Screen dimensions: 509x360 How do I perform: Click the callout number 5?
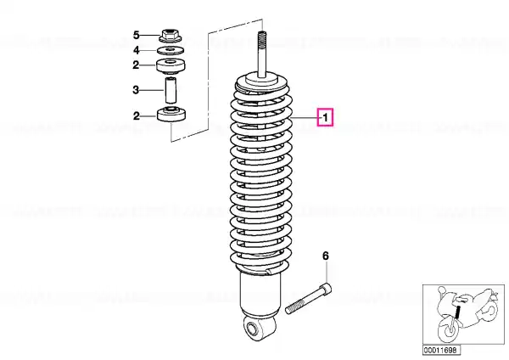click(137, 35)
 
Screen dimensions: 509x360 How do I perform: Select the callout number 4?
click(137, 50)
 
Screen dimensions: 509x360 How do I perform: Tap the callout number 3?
click(136, 90)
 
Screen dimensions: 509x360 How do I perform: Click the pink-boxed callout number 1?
click(325, 117)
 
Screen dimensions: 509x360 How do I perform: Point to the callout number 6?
click(326, 256)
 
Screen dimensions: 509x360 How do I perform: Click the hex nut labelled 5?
click(171, 36)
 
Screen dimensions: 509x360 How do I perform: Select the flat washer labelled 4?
click(171, 50)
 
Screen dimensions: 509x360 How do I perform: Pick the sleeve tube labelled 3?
click(171, 90)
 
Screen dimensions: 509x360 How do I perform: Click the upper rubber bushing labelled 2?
click(171, 66)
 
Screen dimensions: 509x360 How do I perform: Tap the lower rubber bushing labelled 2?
click(171, 114)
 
